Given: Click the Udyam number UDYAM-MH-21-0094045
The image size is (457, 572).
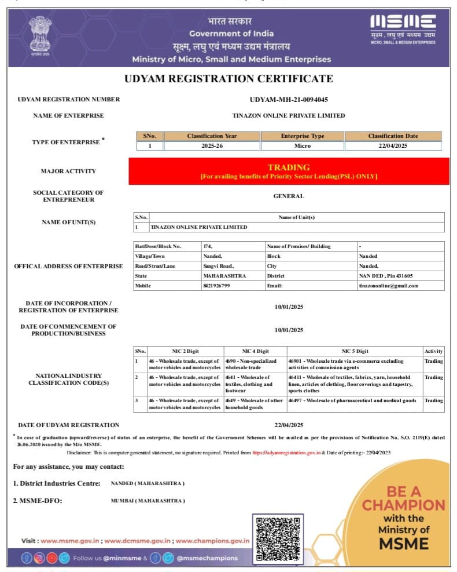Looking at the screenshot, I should coord(289,99).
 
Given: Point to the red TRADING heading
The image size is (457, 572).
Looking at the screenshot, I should coord(289,167).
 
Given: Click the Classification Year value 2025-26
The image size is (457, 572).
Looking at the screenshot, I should coord(212,145).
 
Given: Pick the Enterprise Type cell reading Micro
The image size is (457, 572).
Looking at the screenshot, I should coord(302,145).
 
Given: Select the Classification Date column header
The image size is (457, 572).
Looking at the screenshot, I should coord(393,136).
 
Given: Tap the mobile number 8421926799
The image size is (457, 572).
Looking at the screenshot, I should coord(216,286).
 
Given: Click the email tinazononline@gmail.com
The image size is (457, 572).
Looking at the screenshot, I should coord(388,286).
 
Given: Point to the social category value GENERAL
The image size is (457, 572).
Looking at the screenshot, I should coord(289,196).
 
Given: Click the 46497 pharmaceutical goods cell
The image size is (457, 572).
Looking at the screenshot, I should coord(352,400).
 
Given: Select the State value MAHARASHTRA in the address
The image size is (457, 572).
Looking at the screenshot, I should coord(224,276).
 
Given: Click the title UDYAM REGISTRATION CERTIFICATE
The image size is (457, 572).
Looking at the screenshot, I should coord(228,79).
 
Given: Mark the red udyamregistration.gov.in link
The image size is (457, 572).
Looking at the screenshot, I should coord(286,452).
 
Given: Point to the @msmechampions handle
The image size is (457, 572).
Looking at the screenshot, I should coord(207,558).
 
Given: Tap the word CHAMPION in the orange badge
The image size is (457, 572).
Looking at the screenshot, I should coord(404,505).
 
